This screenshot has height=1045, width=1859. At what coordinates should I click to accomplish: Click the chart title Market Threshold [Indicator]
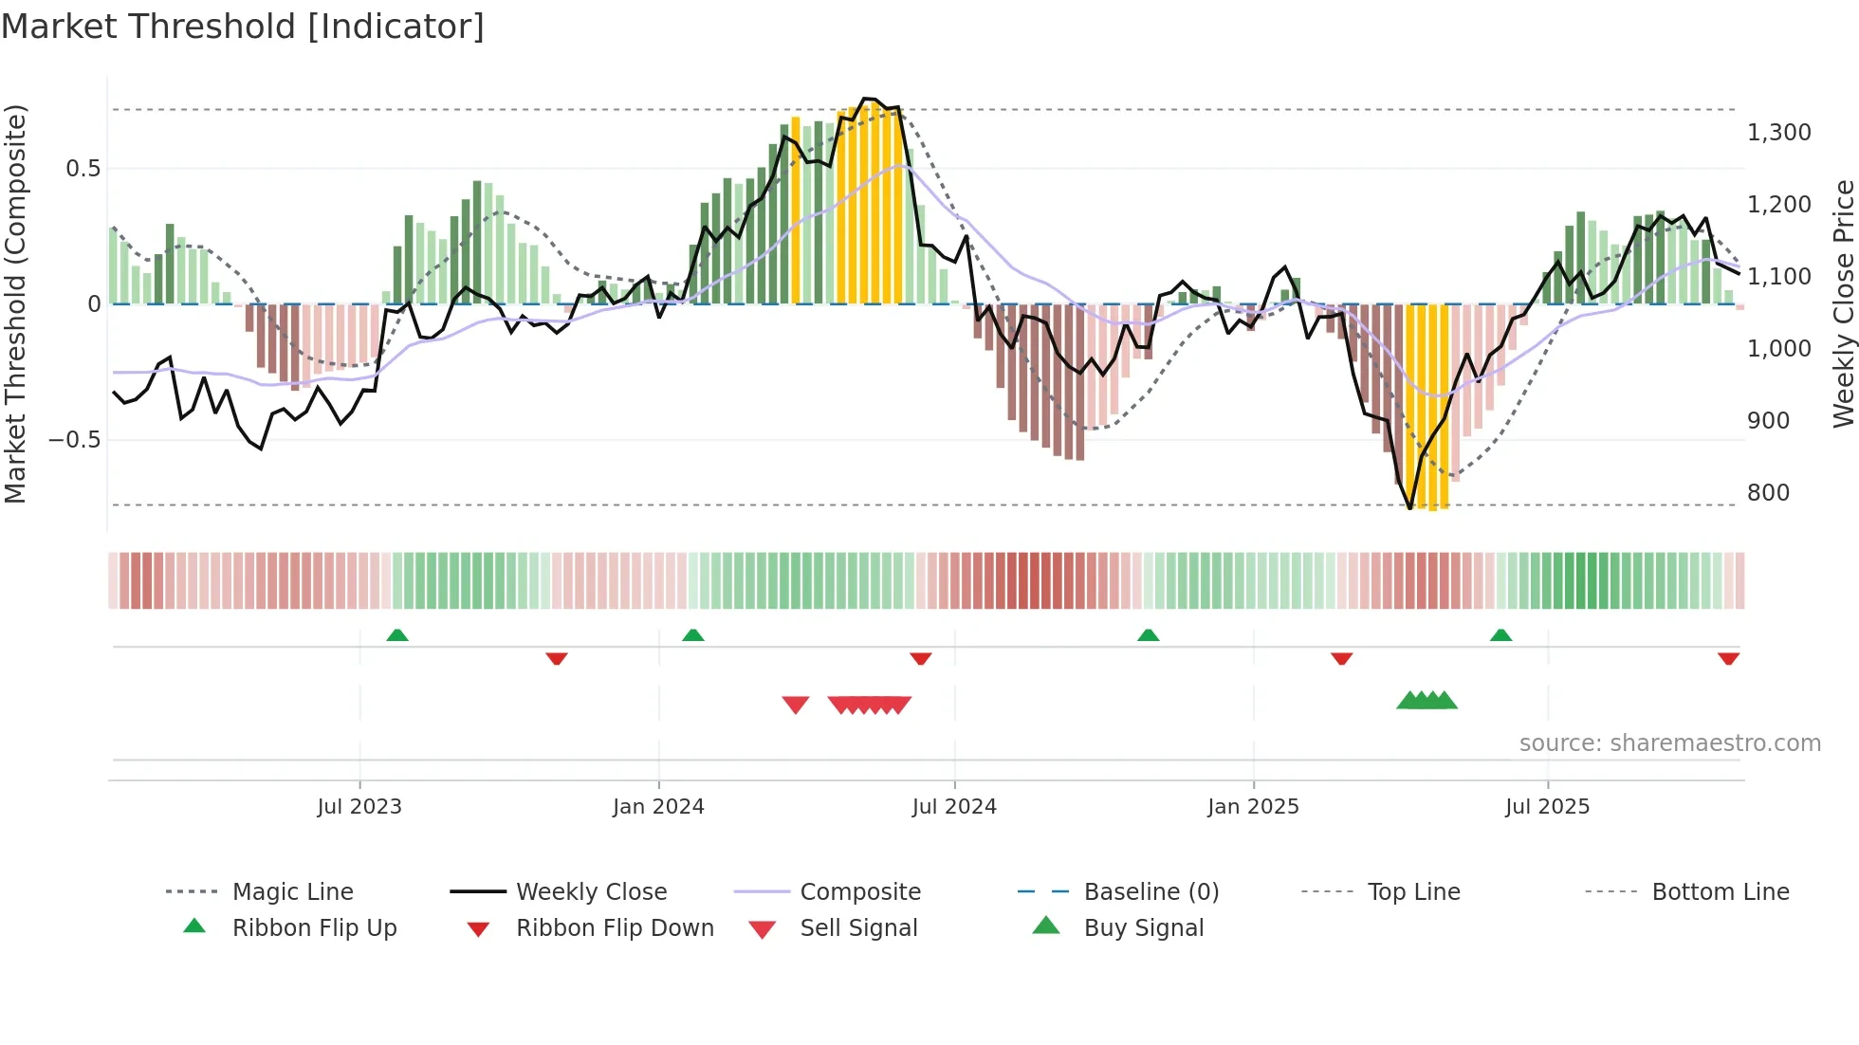pos(243,27)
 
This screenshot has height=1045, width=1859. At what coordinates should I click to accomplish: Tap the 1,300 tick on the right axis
pos(1778,133)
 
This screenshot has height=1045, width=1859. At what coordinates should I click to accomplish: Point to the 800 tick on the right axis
pos(1768,493)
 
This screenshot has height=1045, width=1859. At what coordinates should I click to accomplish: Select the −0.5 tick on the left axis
pos(74,440)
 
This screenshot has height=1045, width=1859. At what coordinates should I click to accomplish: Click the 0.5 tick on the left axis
pos(83,169)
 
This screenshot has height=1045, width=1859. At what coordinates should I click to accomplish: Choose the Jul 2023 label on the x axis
pos(359,807)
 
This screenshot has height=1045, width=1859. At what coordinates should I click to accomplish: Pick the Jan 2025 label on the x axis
pos(1253,807)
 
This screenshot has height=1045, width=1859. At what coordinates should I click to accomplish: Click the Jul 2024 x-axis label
pos(954,807)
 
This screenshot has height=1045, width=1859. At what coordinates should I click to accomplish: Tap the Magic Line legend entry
pos(292,892)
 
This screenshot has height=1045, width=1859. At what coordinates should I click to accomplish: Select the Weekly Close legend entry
pos(591,892)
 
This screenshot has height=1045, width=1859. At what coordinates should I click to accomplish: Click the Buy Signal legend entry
pos(1143,928)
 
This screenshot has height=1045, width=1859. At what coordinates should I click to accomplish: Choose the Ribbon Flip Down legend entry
pos(615,928)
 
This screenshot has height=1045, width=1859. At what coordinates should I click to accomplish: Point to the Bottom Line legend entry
pos(1720,892)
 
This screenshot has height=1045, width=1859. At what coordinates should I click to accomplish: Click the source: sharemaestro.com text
pos(1669,743)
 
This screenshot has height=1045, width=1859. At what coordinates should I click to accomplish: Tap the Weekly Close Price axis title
pos(1843,303)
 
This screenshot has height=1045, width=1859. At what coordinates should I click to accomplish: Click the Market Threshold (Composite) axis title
pos(15,303)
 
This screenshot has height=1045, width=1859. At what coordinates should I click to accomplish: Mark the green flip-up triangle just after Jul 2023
pos(397,635)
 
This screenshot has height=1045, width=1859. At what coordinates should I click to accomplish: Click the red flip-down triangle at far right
pos(1728,658)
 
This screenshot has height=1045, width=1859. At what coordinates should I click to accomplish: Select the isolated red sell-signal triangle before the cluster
pos(796,705)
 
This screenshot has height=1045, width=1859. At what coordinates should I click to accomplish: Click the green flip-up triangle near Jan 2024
pos(693,635)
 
